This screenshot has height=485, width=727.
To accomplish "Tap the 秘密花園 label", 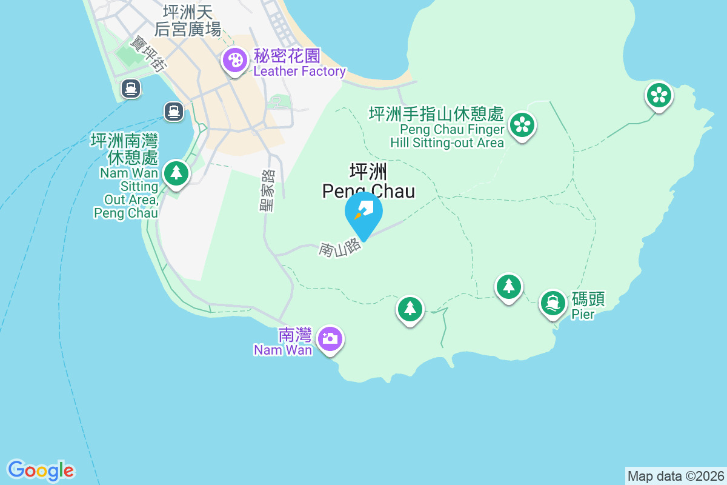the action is (287, 56).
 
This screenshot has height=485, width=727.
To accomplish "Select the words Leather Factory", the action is (299, 72).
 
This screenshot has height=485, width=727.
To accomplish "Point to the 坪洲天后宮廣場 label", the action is (188, 21).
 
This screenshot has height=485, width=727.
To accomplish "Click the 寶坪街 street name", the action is (149, 55).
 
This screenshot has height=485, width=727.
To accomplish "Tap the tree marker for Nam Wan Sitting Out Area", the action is (176, 173).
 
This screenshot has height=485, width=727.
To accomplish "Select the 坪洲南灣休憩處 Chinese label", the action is (124, 150).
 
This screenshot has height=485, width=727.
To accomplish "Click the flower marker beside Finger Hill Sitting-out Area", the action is (521, 125).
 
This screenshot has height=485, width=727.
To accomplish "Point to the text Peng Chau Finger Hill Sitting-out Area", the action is (452, 136).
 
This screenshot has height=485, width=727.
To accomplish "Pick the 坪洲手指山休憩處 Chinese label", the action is (436, 114).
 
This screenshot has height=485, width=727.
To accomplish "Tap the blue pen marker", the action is (363, 212).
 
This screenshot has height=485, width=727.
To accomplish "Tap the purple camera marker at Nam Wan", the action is (330, 338).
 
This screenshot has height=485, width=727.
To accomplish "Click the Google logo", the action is (41, 470).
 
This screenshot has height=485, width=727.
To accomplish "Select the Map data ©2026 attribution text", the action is (675, 476).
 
